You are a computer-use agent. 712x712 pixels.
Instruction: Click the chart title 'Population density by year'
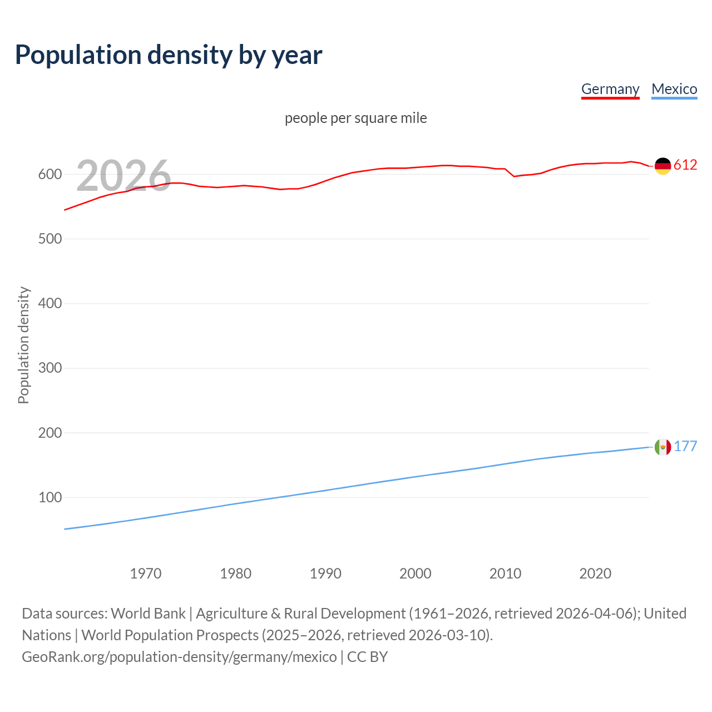(x=169, y=55)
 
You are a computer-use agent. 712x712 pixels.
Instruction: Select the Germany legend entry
(x=610, y=89)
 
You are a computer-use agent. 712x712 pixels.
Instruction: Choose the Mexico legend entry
(x=674, y=89)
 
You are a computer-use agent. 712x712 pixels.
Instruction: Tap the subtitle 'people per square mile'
(x=355, y=118)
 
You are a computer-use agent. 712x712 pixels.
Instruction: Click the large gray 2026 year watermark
(x=123, y=176)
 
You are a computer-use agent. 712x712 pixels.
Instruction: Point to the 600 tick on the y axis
(x=50, y=175)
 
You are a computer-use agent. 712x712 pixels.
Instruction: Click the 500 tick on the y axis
(x=50, y=239)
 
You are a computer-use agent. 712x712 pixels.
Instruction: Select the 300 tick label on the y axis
(x=50, y=368)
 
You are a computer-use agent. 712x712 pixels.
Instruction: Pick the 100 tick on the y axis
(x=50, y=497)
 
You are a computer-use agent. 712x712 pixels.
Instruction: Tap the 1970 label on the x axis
(x=146, y=573)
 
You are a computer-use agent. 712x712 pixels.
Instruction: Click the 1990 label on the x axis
(x=325, y=573)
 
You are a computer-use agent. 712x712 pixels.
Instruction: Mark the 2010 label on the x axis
(x=505, y=573)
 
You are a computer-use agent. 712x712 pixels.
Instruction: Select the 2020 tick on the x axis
(x=595, y=573)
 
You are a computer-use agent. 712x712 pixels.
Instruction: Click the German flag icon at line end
(x=662, y=166)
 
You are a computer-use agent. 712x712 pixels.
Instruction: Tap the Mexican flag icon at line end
(x=662, y=447)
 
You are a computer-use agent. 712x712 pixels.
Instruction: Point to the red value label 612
(x=685, y=165)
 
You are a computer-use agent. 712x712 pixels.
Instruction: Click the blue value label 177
(x=685, y=447)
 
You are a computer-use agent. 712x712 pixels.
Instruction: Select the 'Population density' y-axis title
(x=23, y=345)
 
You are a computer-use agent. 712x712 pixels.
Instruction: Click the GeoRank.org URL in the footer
(x=179, y=657)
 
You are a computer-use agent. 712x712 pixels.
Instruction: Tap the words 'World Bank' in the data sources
(x=148, y=614)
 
